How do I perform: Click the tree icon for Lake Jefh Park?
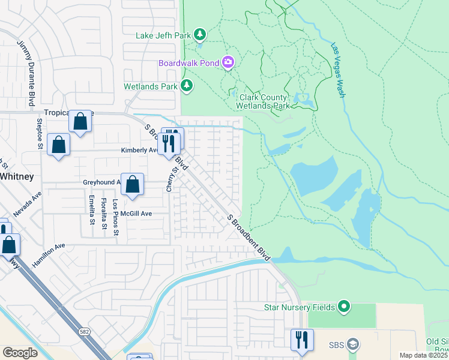click(200, 35)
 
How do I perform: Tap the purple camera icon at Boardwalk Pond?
click(228, 62)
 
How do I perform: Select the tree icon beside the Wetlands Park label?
click(187, 86)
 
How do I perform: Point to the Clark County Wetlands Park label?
click(265, 101)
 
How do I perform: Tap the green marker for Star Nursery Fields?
click(344, 307)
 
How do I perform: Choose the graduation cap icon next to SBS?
click(354, 345)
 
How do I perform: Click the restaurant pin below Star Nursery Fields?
click(302, 340)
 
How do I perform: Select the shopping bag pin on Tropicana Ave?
click(80, 121)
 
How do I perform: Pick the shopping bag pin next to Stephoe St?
click(58, 145)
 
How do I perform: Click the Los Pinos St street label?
click(116, 217)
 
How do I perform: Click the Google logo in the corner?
click(20, 353)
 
